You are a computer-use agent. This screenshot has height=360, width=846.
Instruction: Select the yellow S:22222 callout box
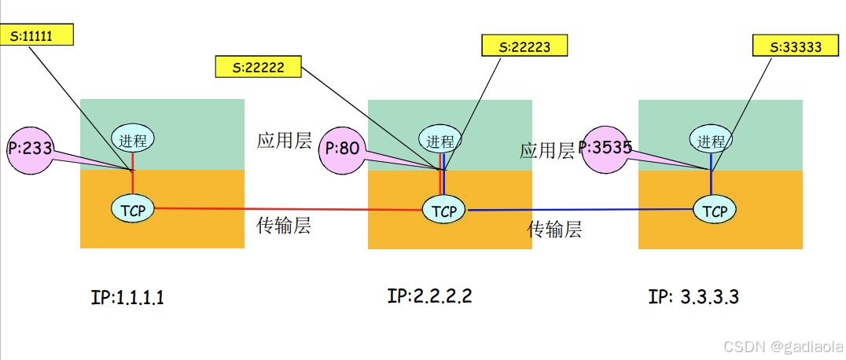coord(259,67)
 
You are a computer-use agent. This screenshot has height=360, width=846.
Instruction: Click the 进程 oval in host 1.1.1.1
coord(132,140)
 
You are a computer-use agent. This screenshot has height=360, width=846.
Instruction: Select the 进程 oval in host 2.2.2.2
coord(440,141)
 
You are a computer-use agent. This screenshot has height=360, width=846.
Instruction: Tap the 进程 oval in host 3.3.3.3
coord(712,140)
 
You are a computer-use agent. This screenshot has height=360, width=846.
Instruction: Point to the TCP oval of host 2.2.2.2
coord(444,210)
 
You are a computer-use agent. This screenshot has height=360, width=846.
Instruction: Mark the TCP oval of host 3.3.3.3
coord(714,210)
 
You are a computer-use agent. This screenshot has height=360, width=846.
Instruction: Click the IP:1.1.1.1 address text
coord(127,298)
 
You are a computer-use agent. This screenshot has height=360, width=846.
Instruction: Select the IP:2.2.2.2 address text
coord(430,296)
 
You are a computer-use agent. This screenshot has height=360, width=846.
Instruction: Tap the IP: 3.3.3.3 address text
coord(693,297)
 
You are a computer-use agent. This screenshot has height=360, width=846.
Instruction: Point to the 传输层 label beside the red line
coord(283,226)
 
